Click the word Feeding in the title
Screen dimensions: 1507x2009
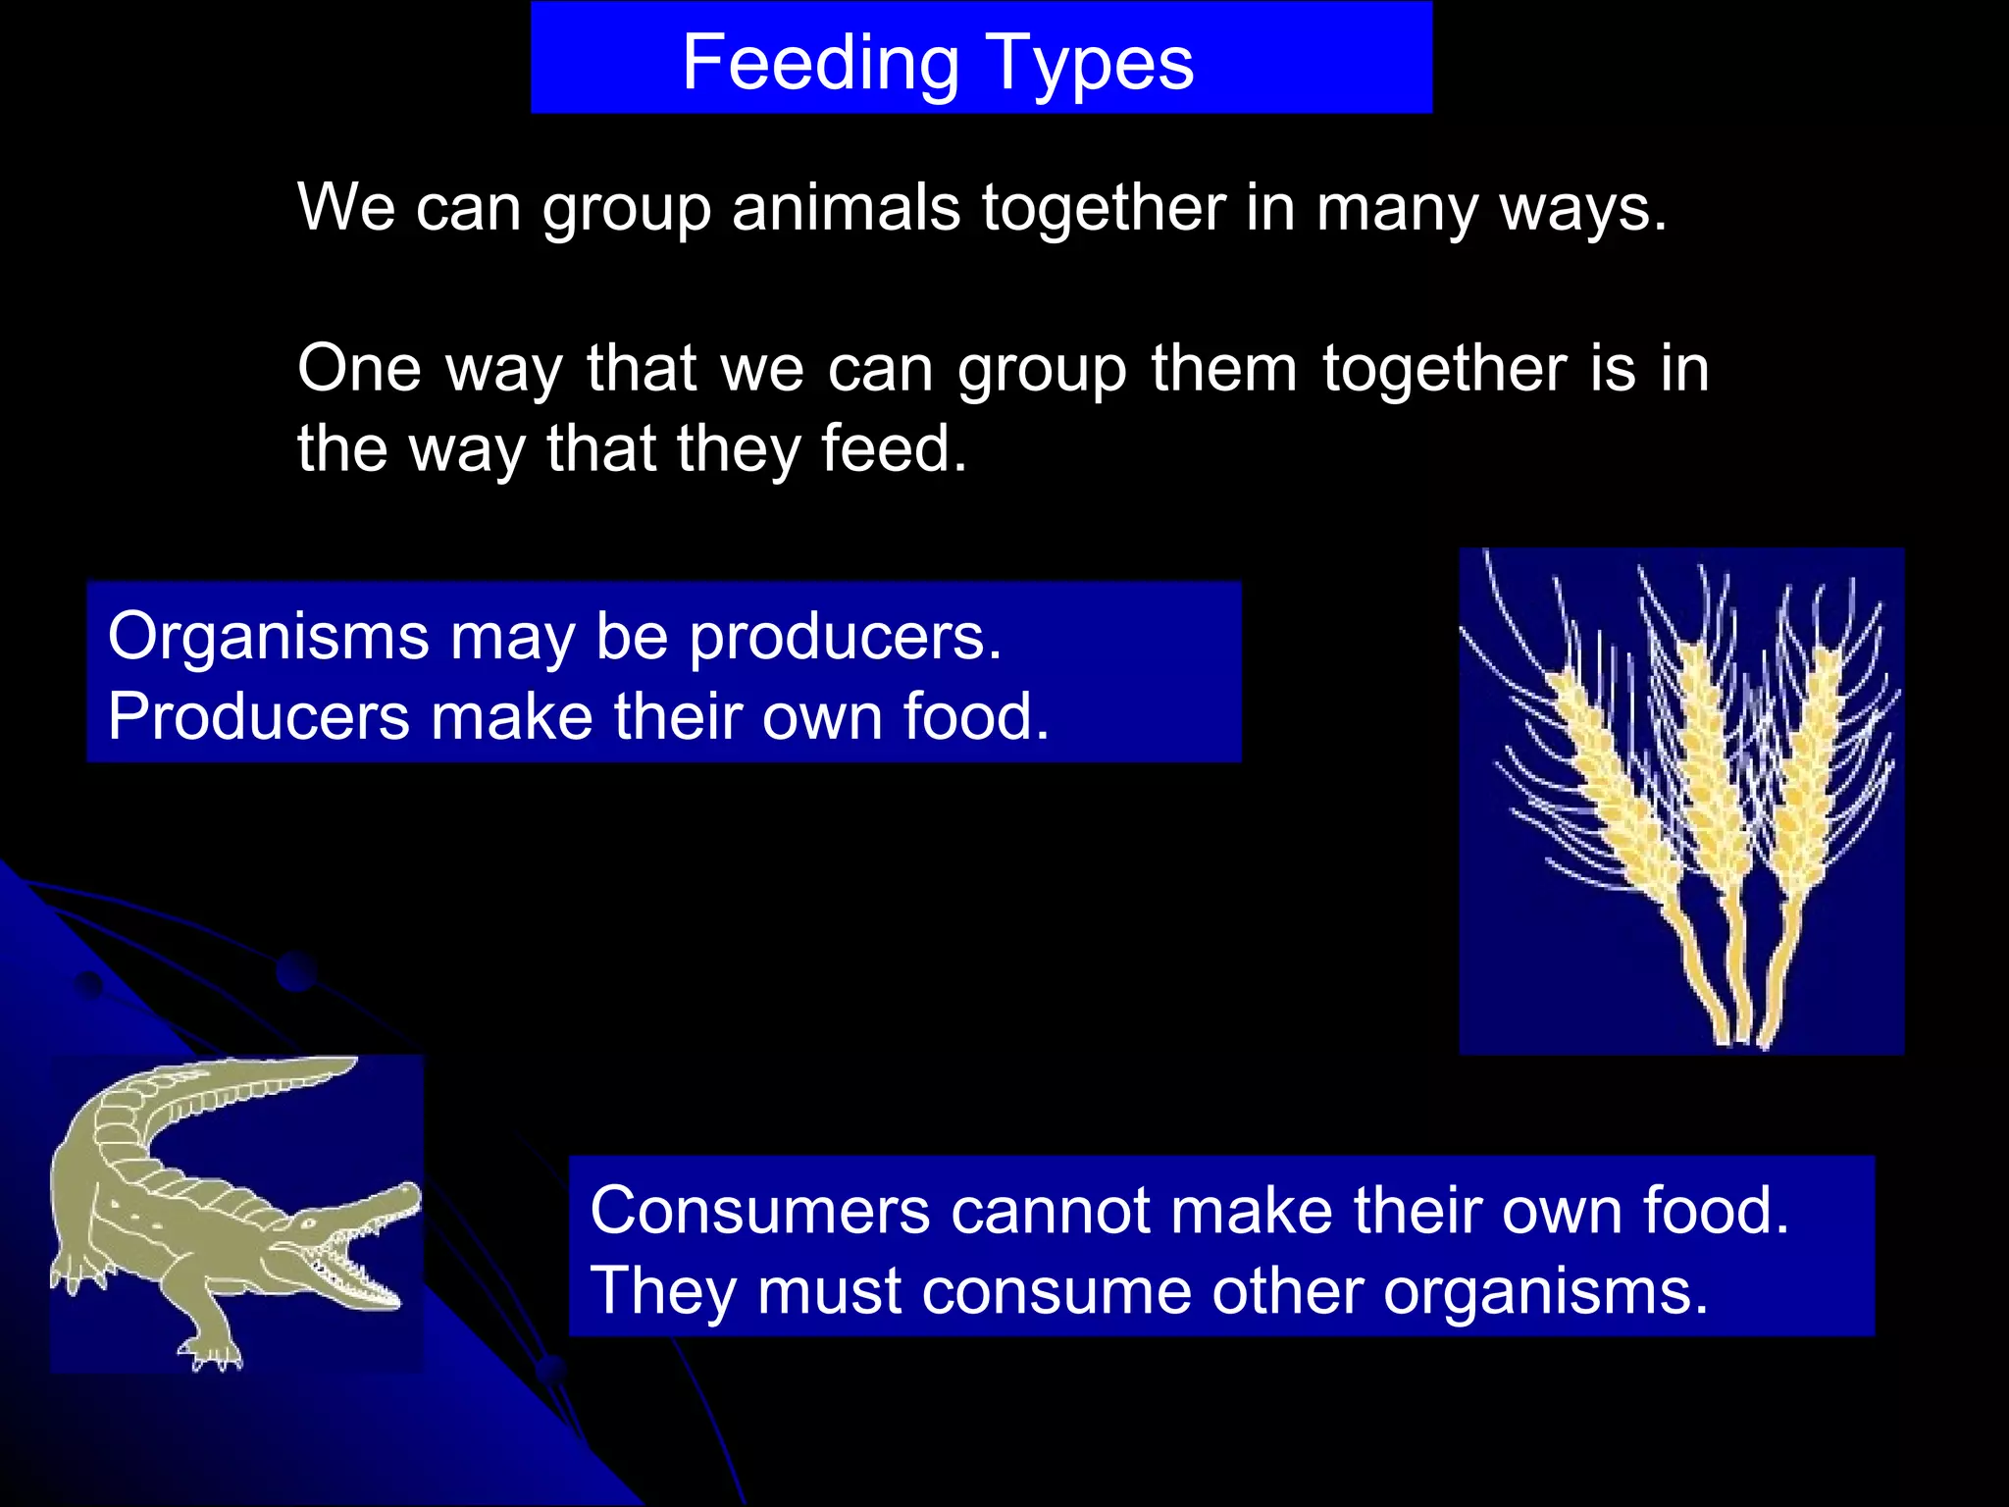coord(820,64)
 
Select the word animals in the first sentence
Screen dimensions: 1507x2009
coord(846,208)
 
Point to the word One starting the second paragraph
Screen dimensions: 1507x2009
coord(359,369)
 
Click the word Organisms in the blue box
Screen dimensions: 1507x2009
coord(268,638)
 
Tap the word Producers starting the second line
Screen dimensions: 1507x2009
coord(258,717)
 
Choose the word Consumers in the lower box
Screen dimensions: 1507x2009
coord(759,1211)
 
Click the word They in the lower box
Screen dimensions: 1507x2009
coord(662,1291)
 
